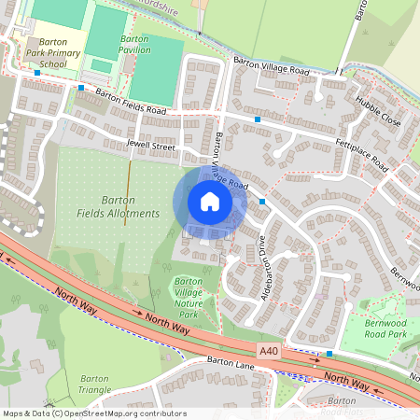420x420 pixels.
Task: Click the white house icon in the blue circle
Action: pyautogui.click(x=209, y=202)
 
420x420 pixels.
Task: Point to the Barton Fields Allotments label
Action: pyautogui.click(x=119, y=207)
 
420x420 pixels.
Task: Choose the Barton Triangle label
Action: pyautogui.click(x=94, y=384)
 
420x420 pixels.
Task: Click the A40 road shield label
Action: pyautogui.click(x=270, y=350)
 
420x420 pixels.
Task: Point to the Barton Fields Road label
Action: pyautogui.click(x=131, y=104)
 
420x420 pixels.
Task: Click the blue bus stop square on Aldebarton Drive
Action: pyautogui.click(x=263, y=201)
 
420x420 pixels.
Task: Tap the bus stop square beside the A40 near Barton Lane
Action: pyautogui.click(x=329, y=354)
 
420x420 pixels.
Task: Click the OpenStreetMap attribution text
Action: pyautogui.click(x=93, y=413)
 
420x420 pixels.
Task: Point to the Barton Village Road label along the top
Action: pyautogui.click(x=272, y=65)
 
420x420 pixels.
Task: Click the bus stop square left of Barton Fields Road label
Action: pyautogui.click(x=82, y=88)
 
